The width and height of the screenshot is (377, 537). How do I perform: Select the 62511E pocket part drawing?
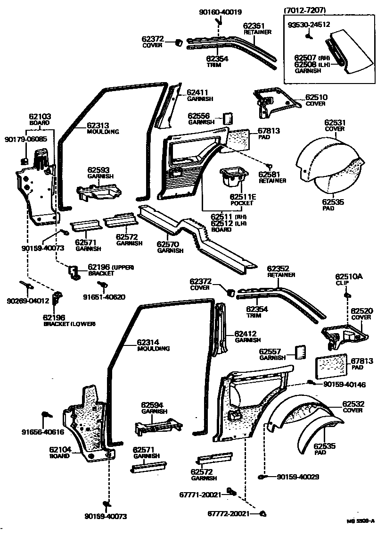point(233,179)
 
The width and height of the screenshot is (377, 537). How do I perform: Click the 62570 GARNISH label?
point(170,247)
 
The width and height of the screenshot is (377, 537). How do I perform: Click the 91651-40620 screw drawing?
point(100,285)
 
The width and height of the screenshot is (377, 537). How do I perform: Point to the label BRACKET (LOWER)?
point(69,324)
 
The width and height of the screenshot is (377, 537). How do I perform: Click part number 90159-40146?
point(344,385)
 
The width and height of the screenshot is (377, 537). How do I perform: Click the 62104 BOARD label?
point(60,453)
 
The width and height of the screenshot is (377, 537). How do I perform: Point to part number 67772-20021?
point(232,513)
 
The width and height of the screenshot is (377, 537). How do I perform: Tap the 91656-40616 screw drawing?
point(47,415)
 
